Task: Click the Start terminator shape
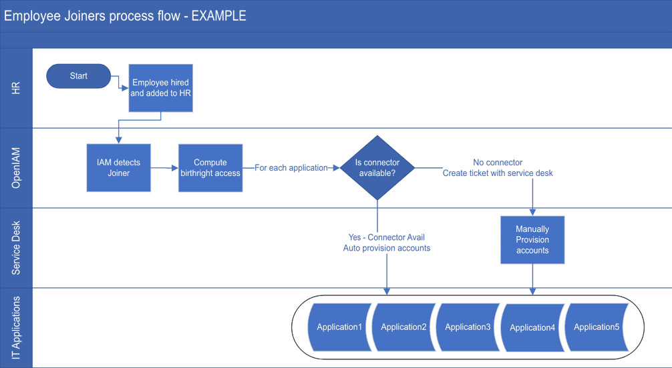(x=78, y=76)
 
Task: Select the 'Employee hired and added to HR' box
(x=161, y=88)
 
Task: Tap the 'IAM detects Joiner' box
(x=119, y=168)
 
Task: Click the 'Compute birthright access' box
(x=210, y=168)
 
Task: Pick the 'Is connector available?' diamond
(x=377, y=168)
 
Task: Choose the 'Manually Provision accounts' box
(x=532, y=239)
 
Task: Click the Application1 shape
(x=339, y=327)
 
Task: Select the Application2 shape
(x=403, y=327)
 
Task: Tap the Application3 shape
(x=468, y=327)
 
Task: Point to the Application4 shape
(x=532, y=328)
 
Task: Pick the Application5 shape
(x=597, y=327)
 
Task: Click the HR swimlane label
(x=16, y=88)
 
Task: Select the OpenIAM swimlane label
(x=16, y=168)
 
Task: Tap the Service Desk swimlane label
(x=16, y=248)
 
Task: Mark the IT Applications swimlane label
(x=16, y=328)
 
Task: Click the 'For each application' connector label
(x=291, y=168)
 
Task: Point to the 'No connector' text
(x=498, y=163)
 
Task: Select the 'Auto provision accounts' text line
(x=387, y=248)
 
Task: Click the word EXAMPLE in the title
(x=218, y=16)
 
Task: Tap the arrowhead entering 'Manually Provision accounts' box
(x=532, y=213)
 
